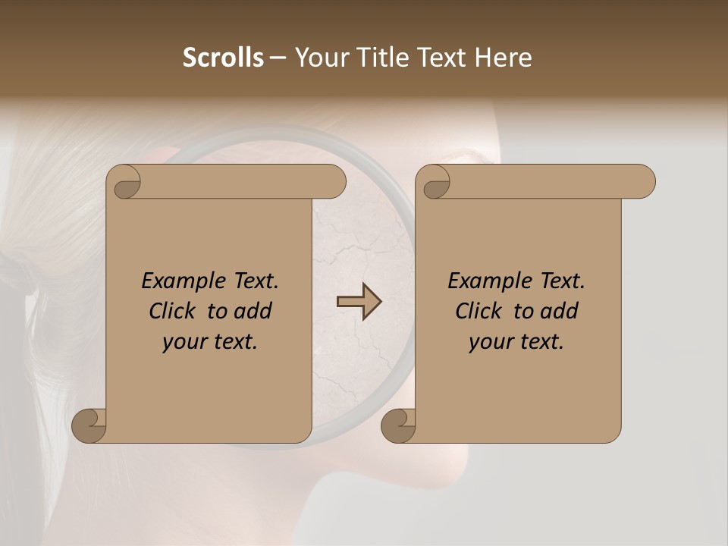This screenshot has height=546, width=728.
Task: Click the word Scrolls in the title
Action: point(224,58)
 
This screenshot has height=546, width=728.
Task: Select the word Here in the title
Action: point(504,58)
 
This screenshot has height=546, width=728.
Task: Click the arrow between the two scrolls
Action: point(359,301)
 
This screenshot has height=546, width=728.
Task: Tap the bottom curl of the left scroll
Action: point(89,425)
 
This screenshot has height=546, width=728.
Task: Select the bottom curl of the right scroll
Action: point(398,425)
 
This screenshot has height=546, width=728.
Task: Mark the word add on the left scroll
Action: point(253,311)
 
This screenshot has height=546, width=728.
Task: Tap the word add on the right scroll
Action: point(559,311)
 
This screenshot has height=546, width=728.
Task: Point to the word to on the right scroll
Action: point(522,311)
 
